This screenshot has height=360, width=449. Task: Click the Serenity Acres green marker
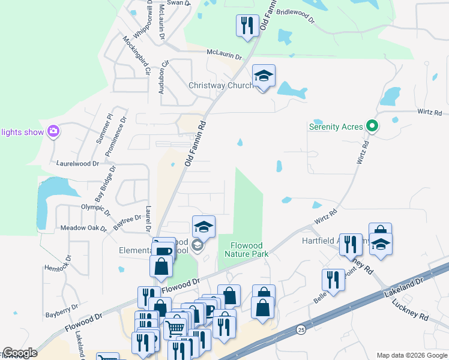372,127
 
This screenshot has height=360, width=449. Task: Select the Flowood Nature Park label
246,250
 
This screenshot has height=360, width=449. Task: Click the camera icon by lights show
54,131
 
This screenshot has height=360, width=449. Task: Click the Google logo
20,353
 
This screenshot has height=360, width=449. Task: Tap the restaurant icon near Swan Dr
246,26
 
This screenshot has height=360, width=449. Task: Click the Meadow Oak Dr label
83,229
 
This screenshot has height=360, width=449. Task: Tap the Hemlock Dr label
58,263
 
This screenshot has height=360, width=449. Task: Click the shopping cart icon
175,328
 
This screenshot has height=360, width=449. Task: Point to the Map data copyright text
411,354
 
